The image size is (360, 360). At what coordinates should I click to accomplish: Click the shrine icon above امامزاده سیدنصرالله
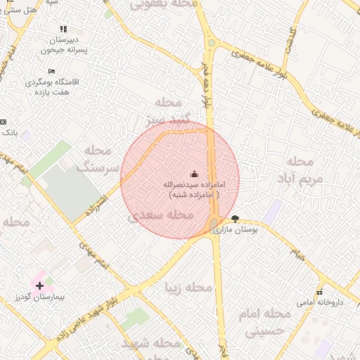point(194,174)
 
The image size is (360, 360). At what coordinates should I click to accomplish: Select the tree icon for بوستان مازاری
point(234,219)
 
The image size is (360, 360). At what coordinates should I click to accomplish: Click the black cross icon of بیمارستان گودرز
point(39,285)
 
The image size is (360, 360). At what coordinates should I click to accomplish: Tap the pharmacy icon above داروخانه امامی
point(319,292)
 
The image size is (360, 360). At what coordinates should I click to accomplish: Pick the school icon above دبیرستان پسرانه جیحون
point(63,30)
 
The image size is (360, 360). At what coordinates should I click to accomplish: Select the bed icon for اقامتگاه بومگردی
point(51,72)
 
